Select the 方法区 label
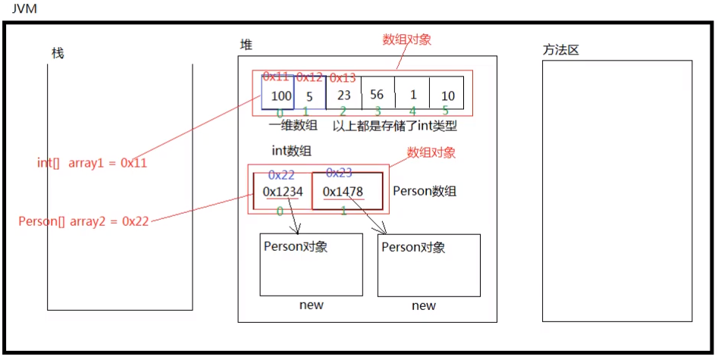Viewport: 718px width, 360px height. click(x=560, y=50)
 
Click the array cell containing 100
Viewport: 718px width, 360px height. click(x=280, y=95)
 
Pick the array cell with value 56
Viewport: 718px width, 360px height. click(x=377, y=95)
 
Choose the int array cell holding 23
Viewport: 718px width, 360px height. click(x=343, y=95)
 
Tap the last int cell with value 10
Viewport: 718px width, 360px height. click(x=447, y=95)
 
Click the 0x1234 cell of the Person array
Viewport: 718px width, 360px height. click(x=282, y=192)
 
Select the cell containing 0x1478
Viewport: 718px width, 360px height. click(x=343, y=192)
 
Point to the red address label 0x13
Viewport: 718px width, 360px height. click(x=343, y=77)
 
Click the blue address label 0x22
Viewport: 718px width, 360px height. click(x=281, y=175)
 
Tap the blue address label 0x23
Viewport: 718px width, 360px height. click(x=339, y=173)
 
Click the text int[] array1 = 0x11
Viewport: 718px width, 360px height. click(x=92, y=162)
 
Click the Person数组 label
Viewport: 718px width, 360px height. click(x=425, y=191)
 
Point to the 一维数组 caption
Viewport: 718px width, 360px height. click(x=293, y=126)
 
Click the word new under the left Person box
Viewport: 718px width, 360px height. click(x=311, y=305)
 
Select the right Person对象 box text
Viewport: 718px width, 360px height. click(x=413, y=247)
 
